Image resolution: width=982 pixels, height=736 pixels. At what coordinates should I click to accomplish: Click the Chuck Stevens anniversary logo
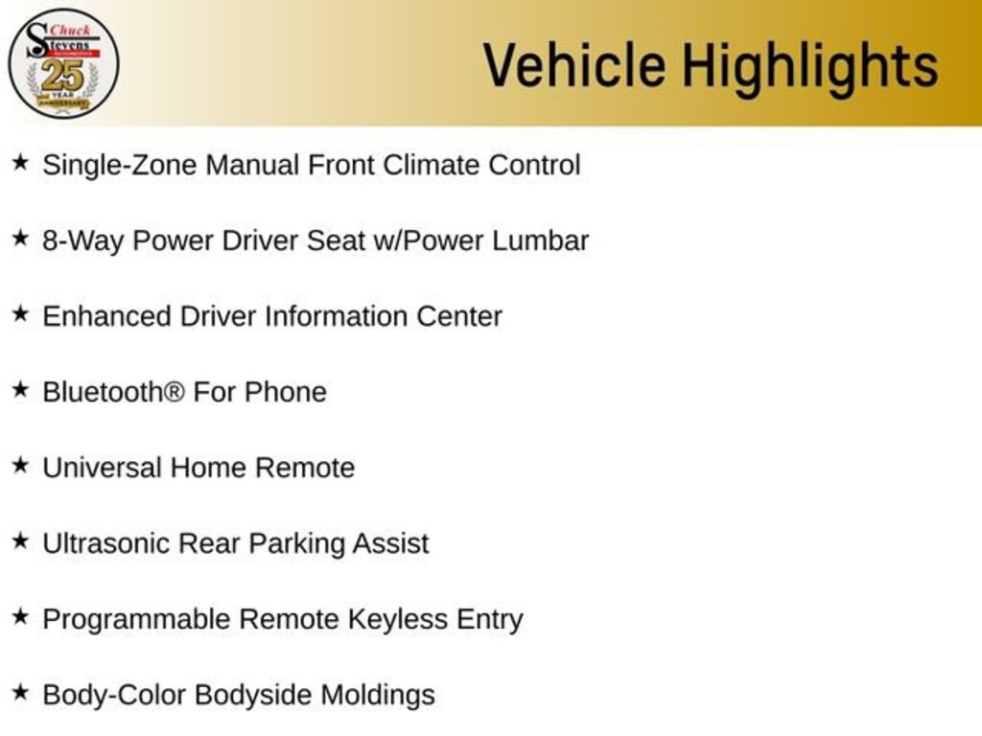63,64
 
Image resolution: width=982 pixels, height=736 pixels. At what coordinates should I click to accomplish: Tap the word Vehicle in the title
574,65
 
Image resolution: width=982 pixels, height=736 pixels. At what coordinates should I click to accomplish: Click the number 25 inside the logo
62,76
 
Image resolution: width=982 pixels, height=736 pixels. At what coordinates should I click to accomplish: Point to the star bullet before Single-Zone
21,162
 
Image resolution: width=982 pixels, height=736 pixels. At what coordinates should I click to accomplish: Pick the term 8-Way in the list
82,241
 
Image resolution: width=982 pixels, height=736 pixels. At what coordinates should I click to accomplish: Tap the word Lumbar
540,241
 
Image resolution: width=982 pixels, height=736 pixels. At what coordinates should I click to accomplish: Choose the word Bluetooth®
113,392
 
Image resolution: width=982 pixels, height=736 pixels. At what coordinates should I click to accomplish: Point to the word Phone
286,392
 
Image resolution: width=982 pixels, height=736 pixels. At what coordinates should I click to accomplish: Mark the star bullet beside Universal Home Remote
21,465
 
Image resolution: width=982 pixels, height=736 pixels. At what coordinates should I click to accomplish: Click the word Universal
102,468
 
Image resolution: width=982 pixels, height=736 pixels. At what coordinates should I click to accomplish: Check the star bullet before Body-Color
21,692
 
